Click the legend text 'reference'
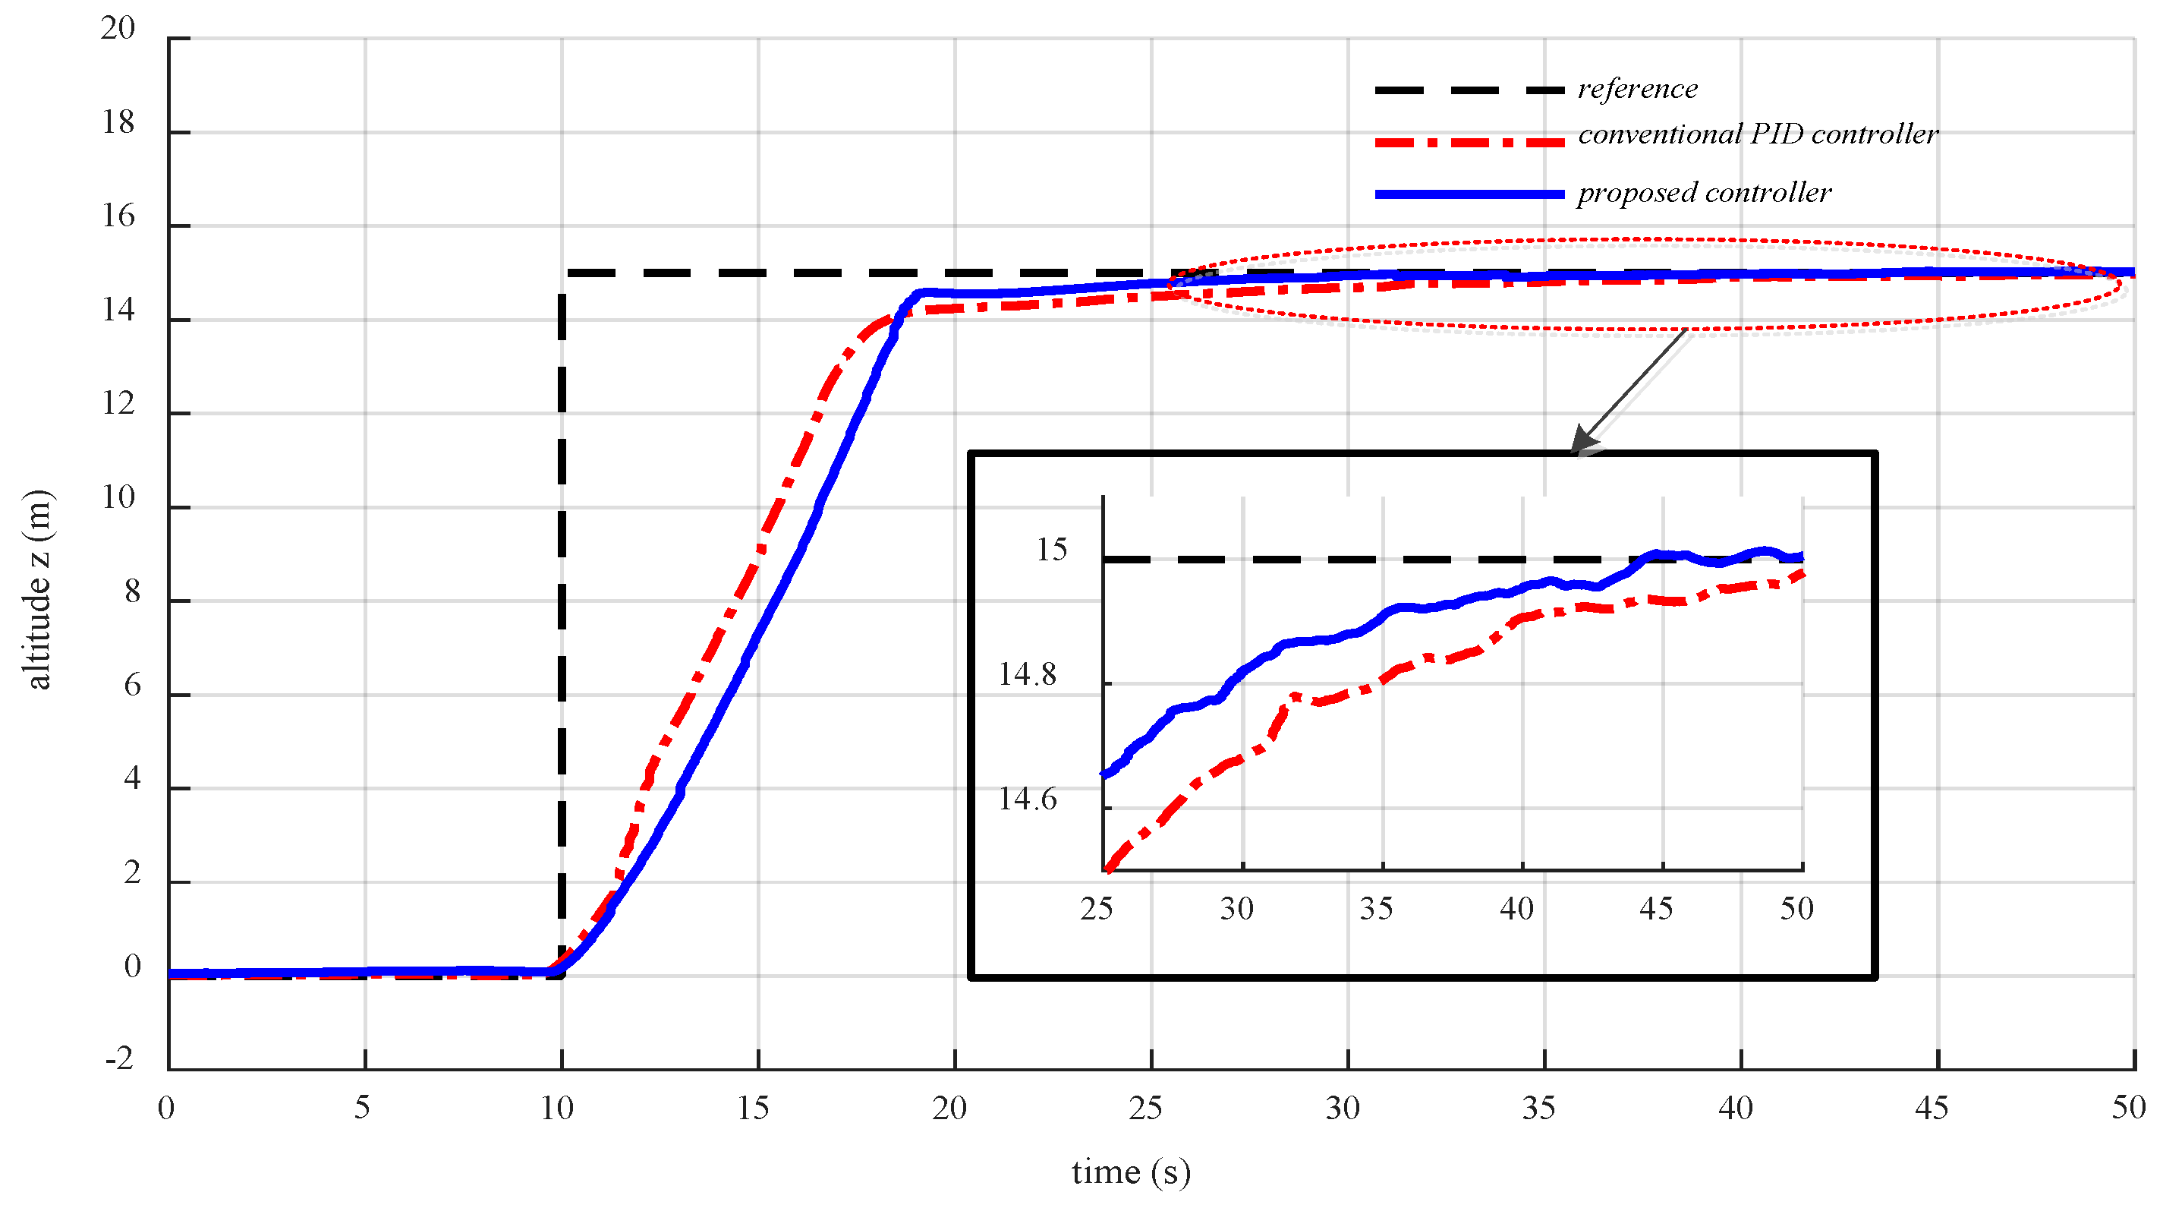pos(1636,89)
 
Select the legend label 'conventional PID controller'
pos(1758,134)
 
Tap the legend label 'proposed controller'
pos(1704,193)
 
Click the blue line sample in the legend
pos(1469,194)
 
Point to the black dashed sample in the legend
pos(1469,90)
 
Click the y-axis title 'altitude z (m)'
pos(38,589)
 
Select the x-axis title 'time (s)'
pos(1130,1171)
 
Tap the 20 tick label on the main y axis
pos(118,29)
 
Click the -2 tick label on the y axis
pos(119,1059)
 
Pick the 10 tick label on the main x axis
pos(557,1109)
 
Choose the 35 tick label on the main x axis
pos(1538,1109)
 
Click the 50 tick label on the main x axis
pos(2129,1109)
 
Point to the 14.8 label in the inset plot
pos(1027,674)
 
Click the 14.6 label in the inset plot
pos(1027,799)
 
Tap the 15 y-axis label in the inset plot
pos(1051,550)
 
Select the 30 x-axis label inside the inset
pos(1236,909)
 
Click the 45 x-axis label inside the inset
pos(1656,909)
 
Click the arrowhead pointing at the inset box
pos(1583,441)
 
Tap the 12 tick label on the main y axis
pos(118,405)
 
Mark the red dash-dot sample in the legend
pos(1469,143)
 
